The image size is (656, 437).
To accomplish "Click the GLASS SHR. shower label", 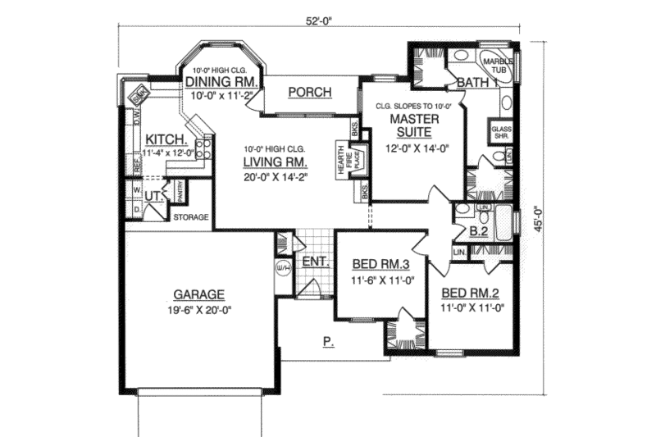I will click(x=500, y=133).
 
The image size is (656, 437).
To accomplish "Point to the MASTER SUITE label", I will click(x=415, y=125).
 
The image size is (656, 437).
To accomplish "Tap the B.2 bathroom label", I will click(x=479, y=232).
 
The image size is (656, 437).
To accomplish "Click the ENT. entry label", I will click(x=316, y=262).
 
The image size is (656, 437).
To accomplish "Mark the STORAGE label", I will click(x=190, y=217).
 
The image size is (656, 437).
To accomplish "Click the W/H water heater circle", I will click(x=284, y=269).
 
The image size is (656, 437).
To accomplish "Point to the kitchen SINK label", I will click(x=139, y=95).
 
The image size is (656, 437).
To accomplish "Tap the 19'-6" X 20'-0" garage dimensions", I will click(x=198, y=311).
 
